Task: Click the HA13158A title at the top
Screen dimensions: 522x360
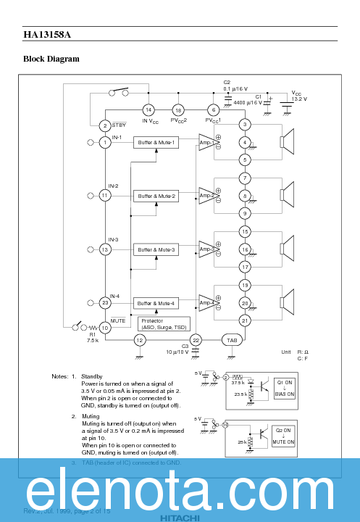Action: click(47, 34)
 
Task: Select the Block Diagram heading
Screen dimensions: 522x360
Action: click(51, 59)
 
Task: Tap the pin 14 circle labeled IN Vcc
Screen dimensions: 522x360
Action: click(148, 109)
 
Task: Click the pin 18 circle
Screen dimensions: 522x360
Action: click(178, 109)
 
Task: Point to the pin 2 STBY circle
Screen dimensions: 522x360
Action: click(105, 125)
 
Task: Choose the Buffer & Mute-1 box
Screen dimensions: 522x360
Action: click(156, 142)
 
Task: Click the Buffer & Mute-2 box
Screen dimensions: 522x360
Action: click(156, 196)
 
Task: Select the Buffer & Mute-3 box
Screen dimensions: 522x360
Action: click(156, 249)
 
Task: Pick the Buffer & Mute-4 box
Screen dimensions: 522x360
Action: click(156, 303)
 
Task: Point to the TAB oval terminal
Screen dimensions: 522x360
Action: click(232, 339)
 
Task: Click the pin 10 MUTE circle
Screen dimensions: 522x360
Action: click(105, 328)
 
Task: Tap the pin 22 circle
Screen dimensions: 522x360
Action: click(196, 339)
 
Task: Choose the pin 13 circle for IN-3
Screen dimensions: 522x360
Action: click(105, 249)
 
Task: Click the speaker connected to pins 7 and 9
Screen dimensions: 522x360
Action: click(287, 196)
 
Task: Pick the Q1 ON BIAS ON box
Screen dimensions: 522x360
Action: click(285, 388)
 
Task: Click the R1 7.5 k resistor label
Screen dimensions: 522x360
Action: click(93, 337)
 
